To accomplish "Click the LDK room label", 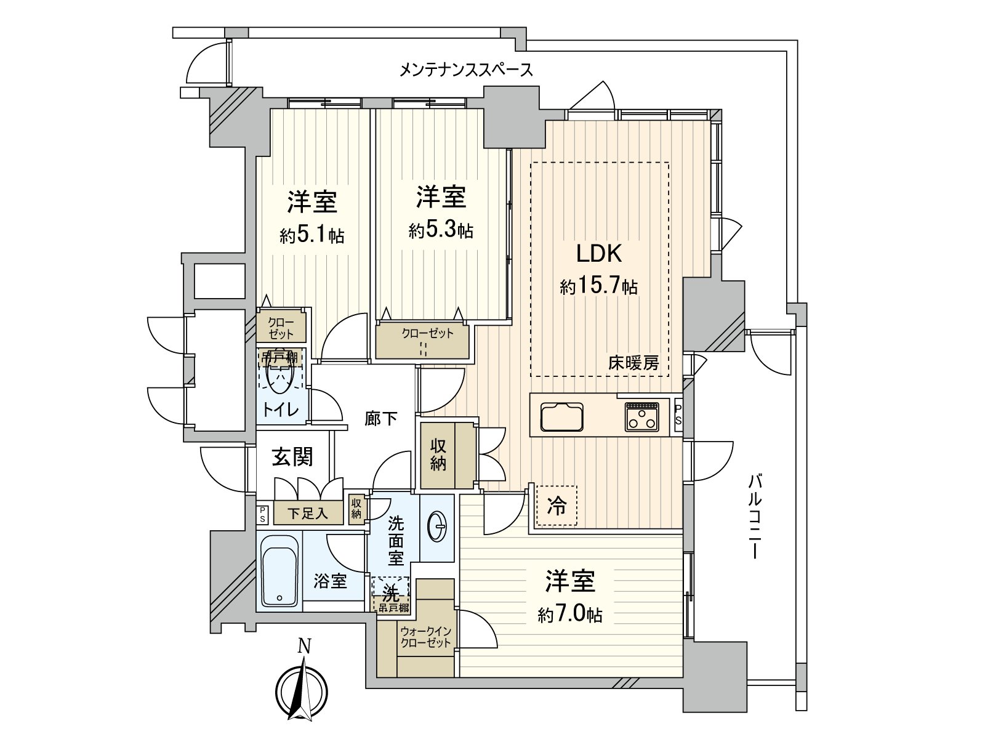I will click(598, 253).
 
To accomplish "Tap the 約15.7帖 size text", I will click(598, 286).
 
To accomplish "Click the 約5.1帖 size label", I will click(312, 235).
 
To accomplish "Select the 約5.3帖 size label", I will click(441, 231).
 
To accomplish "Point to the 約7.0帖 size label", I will click(569, 614).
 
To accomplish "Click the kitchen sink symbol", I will click(561, 417).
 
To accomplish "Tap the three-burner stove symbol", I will click(641, 417).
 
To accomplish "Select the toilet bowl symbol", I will click(280, 376).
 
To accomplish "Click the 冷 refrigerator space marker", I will click(557, 507).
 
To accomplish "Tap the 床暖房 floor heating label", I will click(633, 363).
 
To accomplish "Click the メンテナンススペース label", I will click(466, 70).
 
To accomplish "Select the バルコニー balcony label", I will click(755, 516).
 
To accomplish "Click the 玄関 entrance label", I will click(292, 457).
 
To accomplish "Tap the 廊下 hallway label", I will click(380, 419).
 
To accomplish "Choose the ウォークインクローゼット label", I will click(426, 637).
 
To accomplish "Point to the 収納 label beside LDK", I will click(438, 454).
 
